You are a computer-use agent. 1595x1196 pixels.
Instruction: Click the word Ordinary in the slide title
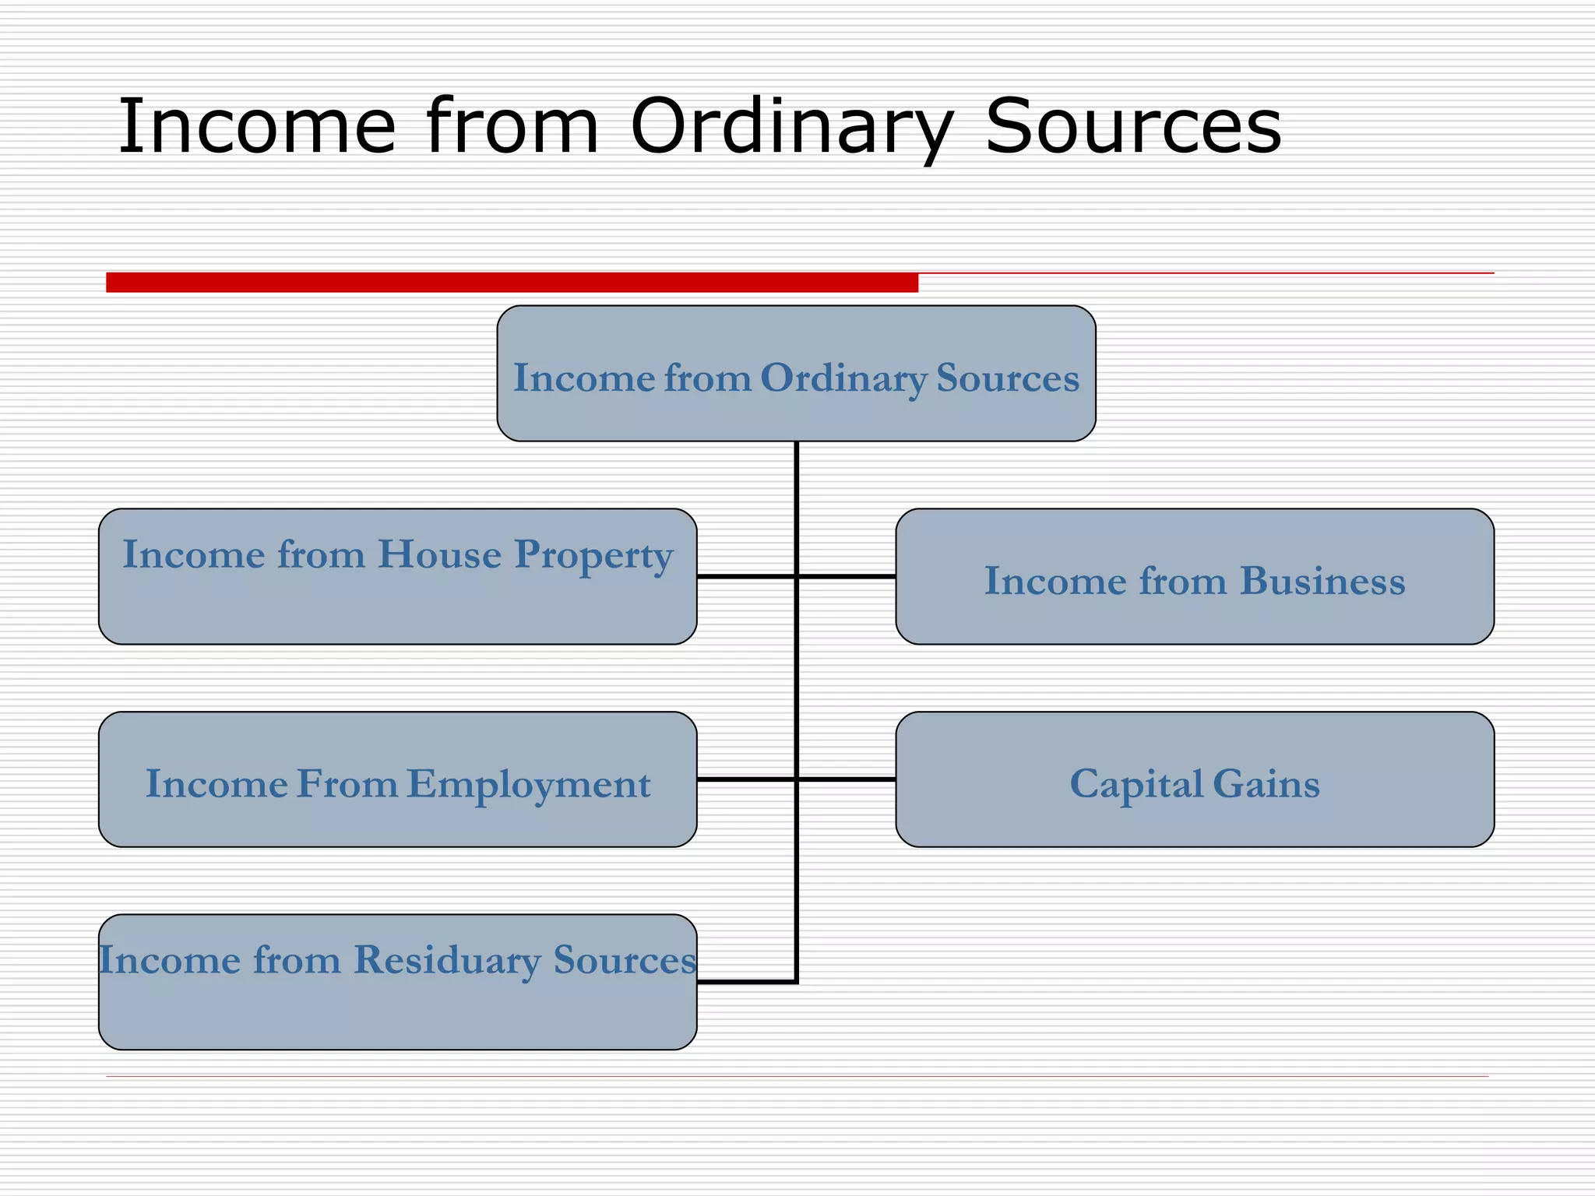pos(790,126)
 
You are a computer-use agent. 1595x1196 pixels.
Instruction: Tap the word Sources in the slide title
pos(1132,126)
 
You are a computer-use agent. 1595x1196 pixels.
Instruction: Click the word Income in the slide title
pos(257,126)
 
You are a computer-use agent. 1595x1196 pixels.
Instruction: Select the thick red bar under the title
pos(512,283)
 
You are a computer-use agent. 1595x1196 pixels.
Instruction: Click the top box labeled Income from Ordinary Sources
pos(796,413)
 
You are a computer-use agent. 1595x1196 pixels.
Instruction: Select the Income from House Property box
pos(397,607)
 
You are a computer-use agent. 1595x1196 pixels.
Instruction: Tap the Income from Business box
pos(1195,615)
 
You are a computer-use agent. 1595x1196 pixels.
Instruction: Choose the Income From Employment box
pos(397,818)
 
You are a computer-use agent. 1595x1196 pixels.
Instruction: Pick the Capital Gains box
pos(1195,818)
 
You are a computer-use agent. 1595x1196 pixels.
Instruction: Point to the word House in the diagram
pos(439,554)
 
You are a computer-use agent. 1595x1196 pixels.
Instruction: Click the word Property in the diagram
pos(593,556)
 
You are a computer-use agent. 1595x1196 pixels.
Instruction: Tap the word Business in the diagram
pos(1322,581)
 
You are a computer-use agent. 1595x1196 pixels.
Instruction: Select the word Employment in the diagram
pos(528,784)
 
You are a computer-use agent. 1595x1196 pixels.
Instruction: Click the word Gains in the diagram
pos(1266,783)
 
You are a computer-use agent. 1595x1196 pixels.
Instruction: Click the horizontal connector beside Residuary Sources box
pos(746,982)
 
